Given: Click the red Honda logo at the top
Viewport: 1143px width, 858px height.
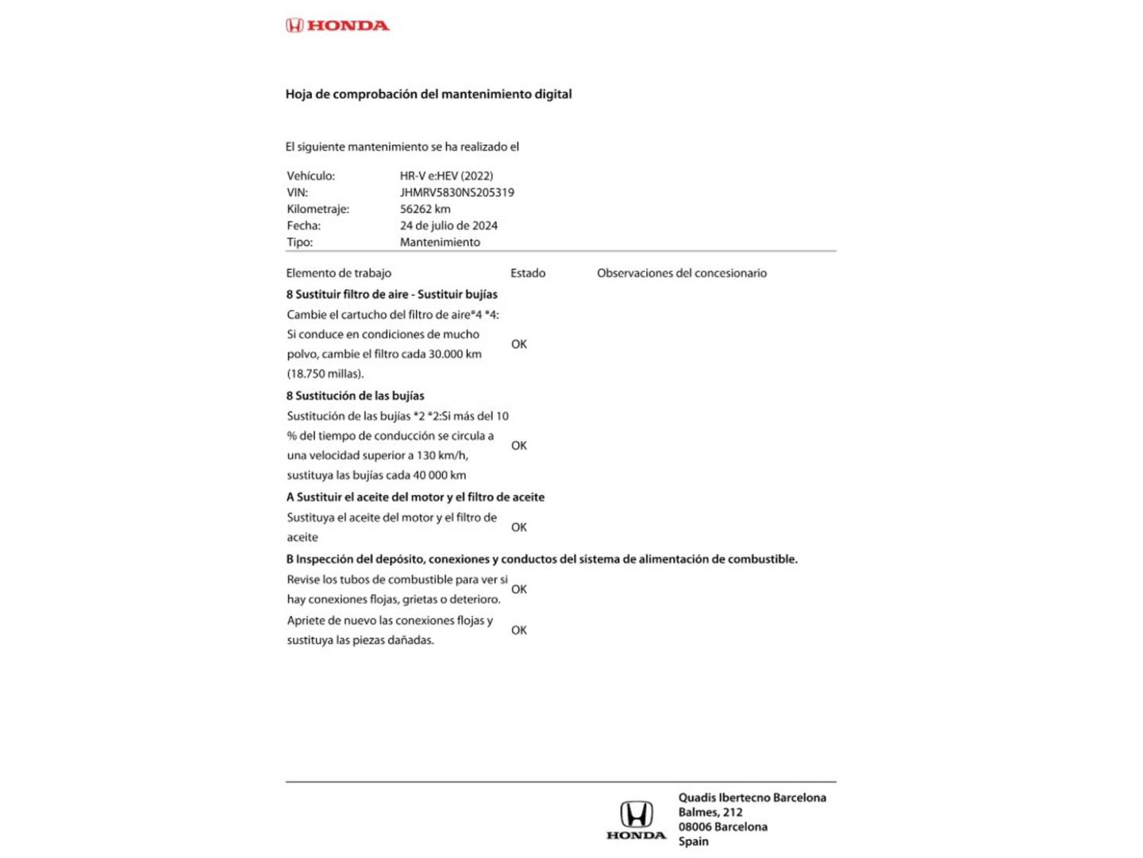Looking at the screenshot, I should (x=337, y=25).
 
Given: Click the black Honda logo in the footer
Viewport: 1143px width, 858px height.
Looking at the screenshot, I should (x=636, y=820).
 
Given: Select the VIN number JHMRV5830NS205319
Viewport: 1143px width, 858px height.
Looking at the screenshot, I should (x=456, y=192).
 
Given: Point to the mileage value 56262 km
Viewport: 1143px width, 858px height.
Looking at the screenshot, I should (x=425, y=209).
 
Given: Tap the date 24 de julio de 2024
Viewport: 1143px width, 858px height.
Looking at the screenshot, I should (x=448, y=226).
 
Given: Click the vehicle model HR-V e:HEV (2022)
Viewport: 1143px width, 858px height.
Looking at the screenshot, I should (x=446, y=176).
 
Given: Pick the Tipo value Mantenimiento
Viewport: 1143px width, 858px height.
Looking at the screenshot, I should (x=440, y=242).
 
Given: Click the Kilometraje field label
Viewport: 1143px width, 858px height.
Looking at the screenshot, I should (x=317, y=209).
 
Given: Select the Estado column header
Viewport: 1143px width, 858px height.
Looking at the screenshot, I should (x=528, y=273).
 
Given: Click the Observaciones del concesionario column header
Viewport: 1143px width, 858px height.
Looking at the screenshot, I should (x=681, y=273).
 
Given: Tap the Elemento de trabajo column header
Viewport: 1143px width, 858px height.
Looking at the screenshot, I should (x=338, y=273).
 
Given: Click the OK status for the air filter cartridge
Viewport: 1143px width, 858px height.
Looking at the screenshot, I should (x=519, y=344).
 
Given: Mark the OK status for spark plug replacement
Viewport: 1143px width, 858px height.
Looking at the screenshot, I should (x=519, y=446).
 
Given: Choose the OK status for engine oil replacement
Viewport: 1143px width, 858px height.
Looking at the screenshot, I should (x=519, y=528).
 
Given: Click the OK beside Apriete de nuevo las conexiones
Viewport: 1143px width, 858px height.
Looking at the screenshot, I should (x=519, y=630).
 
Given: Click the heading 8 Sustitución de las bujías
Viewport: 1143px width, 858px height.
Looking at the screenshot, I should (x=355, y=396).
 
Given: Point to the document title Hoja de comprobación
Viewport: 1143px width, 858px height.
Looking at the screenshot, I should (x=428, y=94).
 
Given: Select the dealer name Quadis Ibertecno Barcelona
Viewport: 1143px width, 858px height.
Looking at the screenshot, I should (x=752, y=798).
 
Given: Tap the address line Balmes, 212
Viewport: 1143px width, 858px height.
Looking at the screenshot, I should (x=710, y=812).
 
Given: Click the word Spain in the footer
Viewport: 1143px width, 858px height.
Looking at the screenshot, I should (x=693, y=841).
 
